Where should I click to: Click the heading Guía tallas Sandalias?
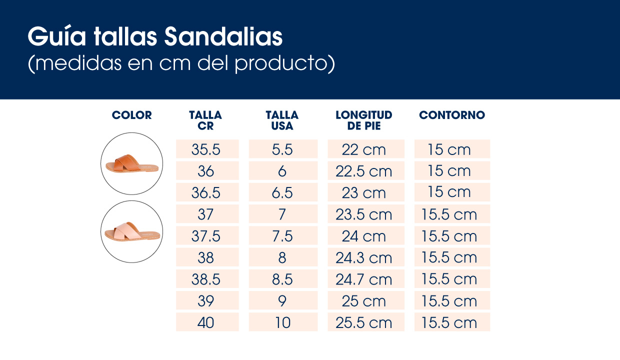point(155,37)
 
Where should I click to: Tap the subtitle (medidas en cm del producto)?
point(181,64)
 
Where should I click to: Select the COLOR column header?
point(131,115)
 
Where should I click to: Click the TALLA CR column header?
point(205,120)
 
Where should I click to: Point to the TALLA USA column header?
point(282,120)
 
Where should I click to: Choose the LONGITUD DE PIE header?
point(364,120)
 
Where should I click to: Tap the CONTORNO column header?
point(452,115)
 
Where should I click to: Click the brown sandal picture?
point(131,163)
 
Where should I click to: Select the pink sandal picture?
point(131,232)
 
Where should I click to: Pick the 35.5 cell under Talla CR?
point(206,149)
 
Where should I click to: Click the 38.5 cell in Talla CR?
point(206,279)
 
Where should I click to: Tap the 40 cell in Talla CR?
point(206,322)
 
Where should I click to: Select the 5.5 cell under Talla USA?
point(282,149)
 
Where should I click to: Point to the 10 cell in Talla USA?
point(282,322)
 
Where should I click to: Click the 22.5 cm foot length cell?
point(364,171)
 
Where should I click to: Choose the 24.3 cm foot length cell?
point(364,257)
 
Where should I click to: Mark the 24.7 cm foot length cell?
point(364,279)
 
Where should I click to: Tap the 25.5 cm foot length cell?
point(364,322)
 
